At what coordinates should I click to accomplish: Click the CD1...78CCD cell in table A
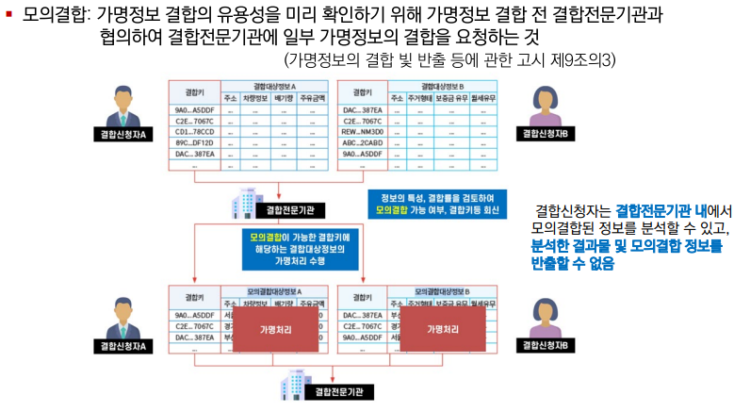click(x=194, y=132)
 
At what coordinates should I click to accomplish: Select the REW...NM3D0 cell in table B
click(x=362, y=132)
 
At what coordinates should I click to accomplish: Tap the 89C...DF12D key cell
click(x=194, y=142)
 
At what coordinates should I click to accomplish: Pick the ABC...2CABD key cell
click(x=362, y=142)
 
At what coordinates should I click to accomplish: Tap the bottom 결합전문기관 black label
click(x=338, y=389)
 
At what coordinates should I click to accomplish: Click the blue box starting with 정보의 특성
click(x=434, y=203)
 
